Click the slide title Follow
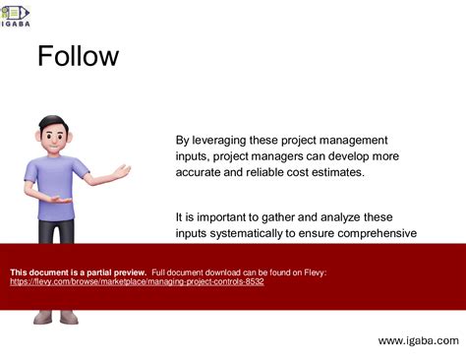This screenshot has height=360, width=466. click(x=78, y=56)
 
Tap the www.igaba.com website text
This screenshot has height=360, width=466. click(x=418, y=339)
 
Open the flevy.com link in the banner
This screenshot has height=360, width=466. click(x=137, y=281)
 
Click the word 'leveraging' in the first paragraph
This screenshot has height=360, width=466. click(x=229, y=141)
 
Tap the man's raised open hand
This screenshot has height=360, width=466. click(x=122, y=172)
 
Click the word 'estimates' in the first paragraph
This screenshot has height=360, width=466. click(x=334, y=172)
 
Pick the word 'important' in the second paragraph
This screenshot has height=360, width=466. click(x=224, y=217)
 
